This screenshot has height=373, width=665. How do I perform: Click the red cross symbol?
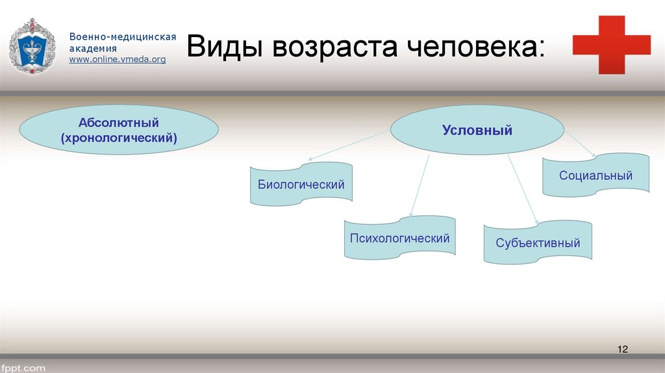pos(611,44)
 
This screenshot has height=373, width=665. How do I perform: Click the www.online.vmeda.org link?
pos(118,59)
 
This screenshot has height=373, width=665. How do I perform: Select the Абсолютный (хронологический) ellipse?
pos(119,130)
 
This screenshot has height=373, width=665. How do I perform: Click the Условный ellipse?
pos(477,131)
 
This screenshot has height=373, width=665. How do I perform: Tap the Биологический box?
pos(301,185)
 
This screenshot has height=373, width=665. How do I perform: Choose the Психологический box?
pos(399,238)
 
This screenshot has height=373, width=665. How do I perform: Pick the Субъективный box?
pos(538,243)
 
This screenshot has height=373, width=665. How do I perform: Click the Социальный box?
pos(596,175)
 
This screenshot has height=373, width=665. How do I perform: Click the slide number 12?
pos(622,350)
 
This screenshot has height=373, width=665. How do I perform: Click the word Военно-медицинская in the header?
pos(123,37)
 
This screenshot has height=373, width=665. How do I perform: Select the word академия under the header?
pos(94,48)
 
